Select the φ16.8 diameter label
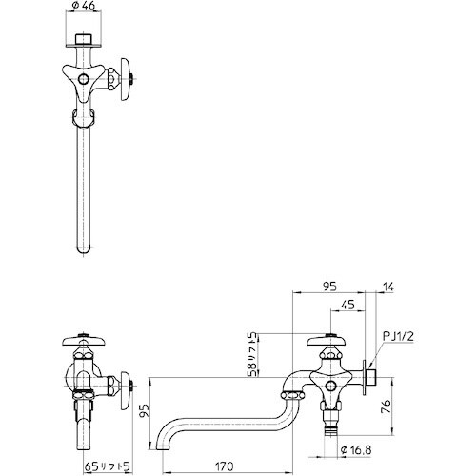[x=357, y=452]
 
